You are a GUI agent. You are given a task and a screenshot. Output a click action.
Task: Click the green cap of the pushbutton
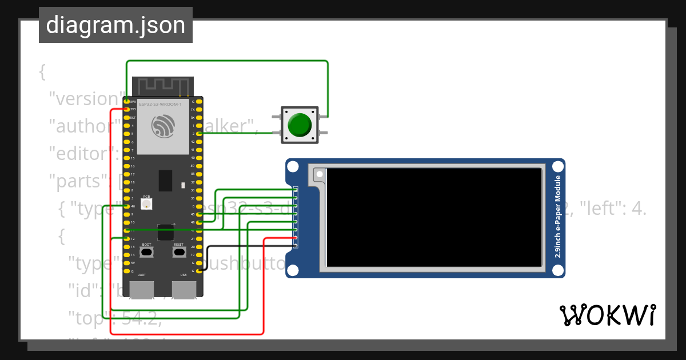(300, 125)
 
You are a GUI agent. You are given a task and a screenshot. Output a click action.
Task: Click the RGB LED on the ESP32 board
(146, 204)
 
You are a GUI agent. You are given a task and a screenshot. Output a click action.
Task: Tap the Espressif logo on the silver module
(163, 126)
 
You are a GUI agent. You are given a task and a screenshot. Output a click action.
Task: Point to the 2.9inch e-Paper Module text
(557, 218)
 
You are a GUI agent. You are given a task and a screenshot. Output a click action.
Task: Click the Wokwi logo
(607, 315)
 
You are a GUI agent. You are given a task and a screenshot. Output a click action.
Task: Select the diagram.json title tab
(115, 25)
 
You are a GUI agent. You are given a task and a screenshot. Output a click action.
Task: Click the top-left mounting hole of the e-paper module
(293, 167)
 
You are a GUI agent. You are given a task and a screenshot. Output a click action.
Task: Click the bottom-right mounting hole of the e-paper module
(557, 269)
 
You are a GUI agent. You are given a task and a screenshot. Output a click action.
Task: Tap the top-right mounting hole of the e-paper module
(557, 167)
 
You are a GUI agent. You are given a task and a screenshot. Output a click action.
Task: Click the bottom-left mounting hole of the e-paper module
(293, 269)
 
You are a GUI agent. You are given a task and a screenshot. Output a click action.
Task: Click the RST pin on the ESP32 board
(126, 117)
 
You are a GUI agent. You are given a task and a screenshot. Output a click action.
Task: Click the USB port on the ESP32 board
(184, 289)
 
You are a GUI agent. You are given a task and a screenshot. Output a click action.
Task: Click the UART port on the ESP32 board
(141, 289)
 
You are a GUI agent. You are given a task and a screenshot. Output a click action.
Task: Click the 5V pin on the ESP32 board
(126, 263)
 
